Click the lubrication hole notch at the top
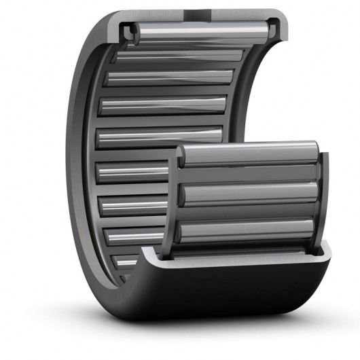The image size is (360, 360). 199,12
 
